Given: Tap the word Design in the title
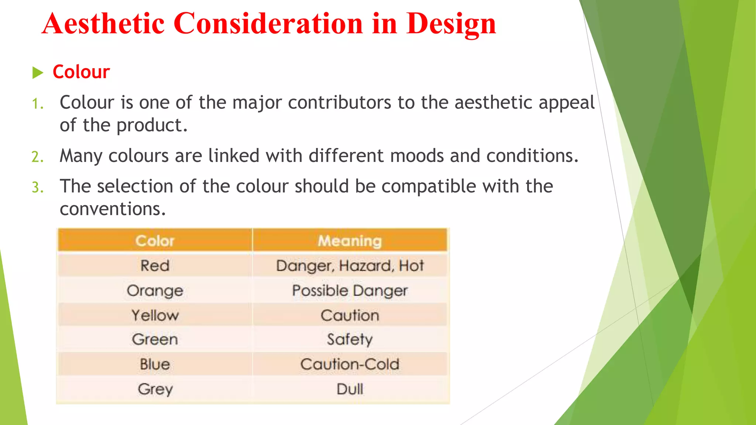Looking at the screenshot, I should (x=451, y=24).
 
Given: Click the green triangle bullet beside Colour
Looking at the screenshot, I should (x=37, y=72).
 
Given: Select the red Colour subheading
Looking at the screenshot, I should (x=81, y=72).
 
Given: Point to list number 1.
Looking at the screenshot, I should (x=37, y=104).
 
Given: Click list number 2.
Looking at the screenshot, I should (x=37, y=157).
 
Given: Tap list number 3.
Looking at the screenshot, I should (x=37, y=187).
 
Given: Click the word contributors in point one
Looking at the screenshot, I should (x=339, y=103).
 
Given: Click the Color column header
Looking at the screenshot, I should (x=155, y=241).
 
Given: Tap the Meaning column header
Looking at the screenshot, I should (x=350, y=241).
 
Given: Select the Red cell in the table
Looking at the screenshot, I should (x=155, y=266).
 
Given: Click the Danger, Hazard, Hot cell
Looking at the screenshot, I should (x=350, y=266).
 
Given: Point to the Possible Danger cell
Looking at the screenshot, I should (x=350, y=290).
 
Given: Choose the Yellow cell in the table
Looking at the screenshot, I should (x=155, y=315).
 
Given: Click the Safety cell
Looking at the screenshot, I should (x=350, y=339).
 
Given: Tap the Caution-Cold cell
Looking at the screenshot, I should (x=350, y=364).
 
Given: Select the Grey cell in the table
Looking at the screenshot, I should (x=155, y=389).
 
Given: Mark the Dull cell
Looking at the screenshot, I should (x=350, y=389).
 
